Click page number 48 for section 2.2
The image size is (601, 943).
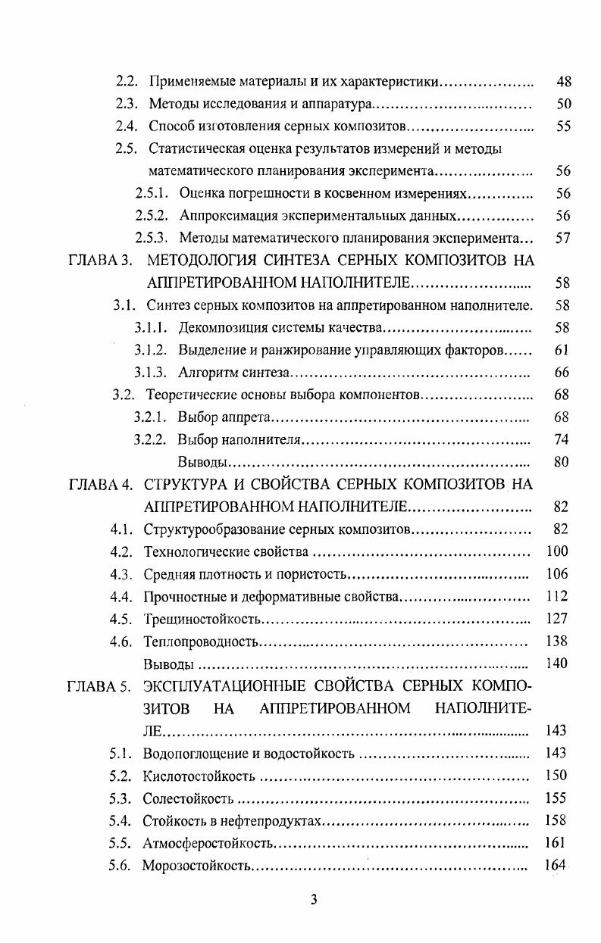coord(563,82)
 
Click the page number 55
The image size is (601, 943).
coord(563,126)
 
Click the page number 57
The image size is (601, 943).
coord(563,238)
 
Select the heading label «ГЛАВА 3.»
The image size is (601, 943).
coord(101,261)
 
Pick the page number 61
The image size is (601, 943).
coord(562,350)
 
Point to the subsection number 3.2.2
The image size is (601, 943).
coord(150,439)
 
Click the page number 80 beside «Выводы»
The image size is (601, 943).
coord(562,461)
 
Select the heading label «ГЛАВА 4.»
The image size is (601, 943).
coord(100,484)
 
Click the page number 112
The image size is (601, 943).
coord(557,596)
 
